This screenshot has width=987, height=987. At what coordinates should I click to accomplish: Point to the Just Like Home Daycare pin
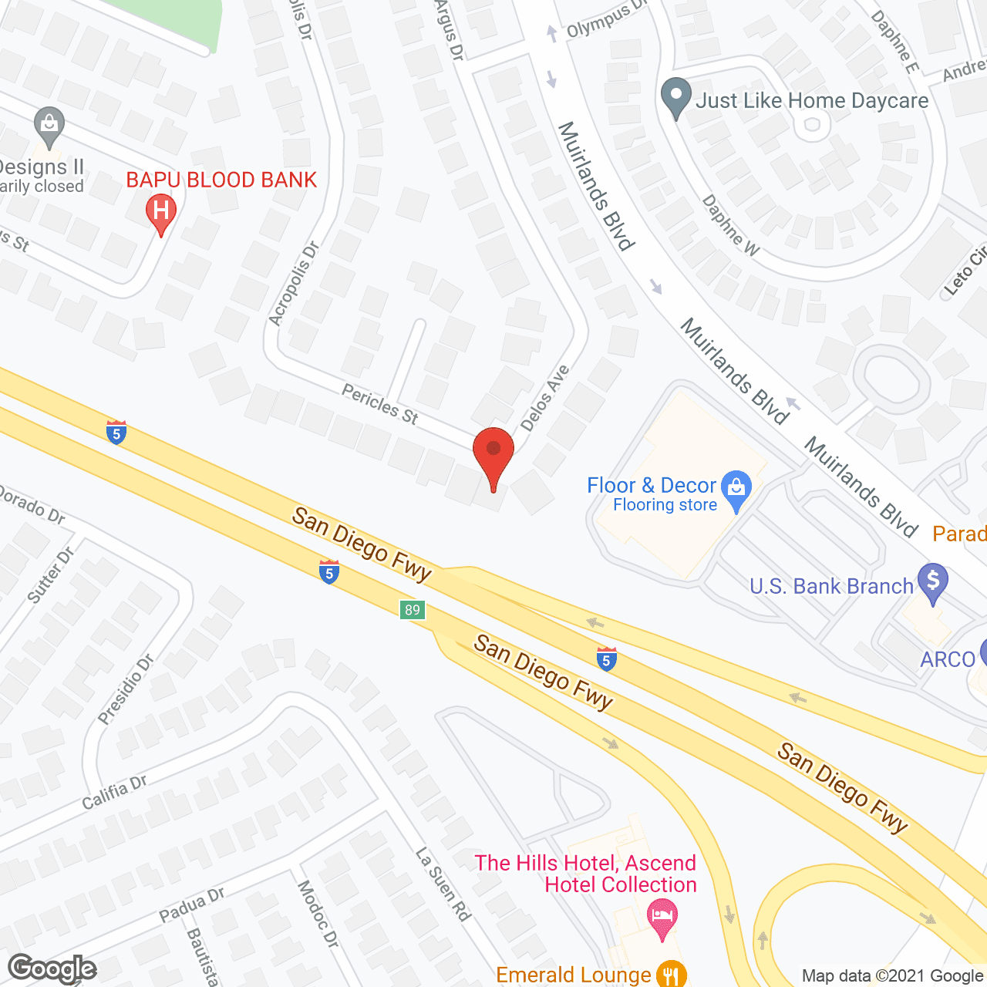[676, 99]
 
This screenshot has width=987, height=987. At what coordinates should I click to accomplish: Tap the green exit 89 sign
[413, 610]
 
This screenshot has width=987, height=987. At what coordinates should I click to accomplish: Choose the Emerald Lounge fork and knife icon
[673, 974]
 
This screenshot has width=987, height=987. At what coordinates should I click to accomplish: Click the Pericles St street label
[380, 405]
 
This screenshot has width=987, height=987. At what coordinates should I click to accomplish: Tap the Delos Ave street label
[545, 398]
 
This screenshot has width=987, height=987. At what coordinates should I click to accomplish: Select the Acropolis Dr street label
[294, 284]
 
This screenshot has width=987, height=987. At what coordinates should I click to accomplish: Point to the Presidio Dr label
[126, 689]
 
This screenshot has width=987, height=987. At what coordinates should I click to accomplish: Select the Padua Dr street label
[191, 904]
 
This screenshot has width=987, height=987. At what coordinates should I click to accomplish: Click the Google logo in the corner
[52, 968]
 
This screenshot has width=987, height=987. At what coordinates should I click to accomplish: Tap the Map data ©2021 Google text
[893, 976]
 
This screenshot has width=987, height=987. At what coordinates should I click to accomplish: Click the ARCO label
[948, 659]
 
